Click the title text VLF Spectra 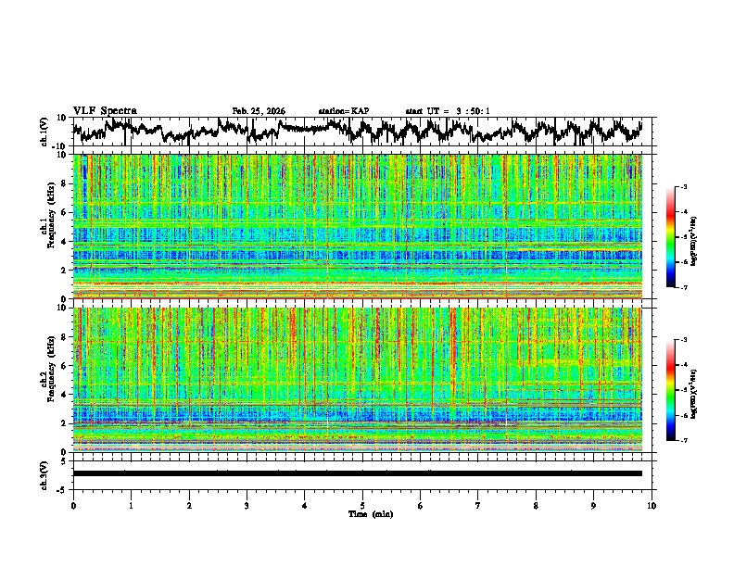pos(105,111)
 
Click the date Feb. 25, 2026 pos(259,111)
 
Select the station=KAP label pos(344,111)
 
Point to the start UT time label pos(448,111)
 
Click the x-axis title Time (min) pos(362,513)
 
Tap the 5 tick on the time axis pos(362,506)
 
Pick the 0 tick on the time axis pos(73,506)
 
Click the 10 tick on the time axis pos(652,506)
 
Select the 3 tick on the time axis pos(247,506)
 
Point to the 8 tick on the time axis pos(536,506)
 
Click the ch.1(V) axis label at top pos(44,132)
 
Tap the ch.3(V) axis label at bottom pos(44,473)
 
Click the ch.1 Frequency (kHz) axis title pos(48,226)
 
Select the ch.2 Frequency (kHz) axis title pos(48,379)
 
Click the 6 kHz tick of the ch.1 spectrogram pos(65,213)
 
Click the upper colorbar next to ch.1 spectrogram pos(672,238)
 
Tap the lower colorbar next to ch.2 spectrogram pos(672,390)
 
